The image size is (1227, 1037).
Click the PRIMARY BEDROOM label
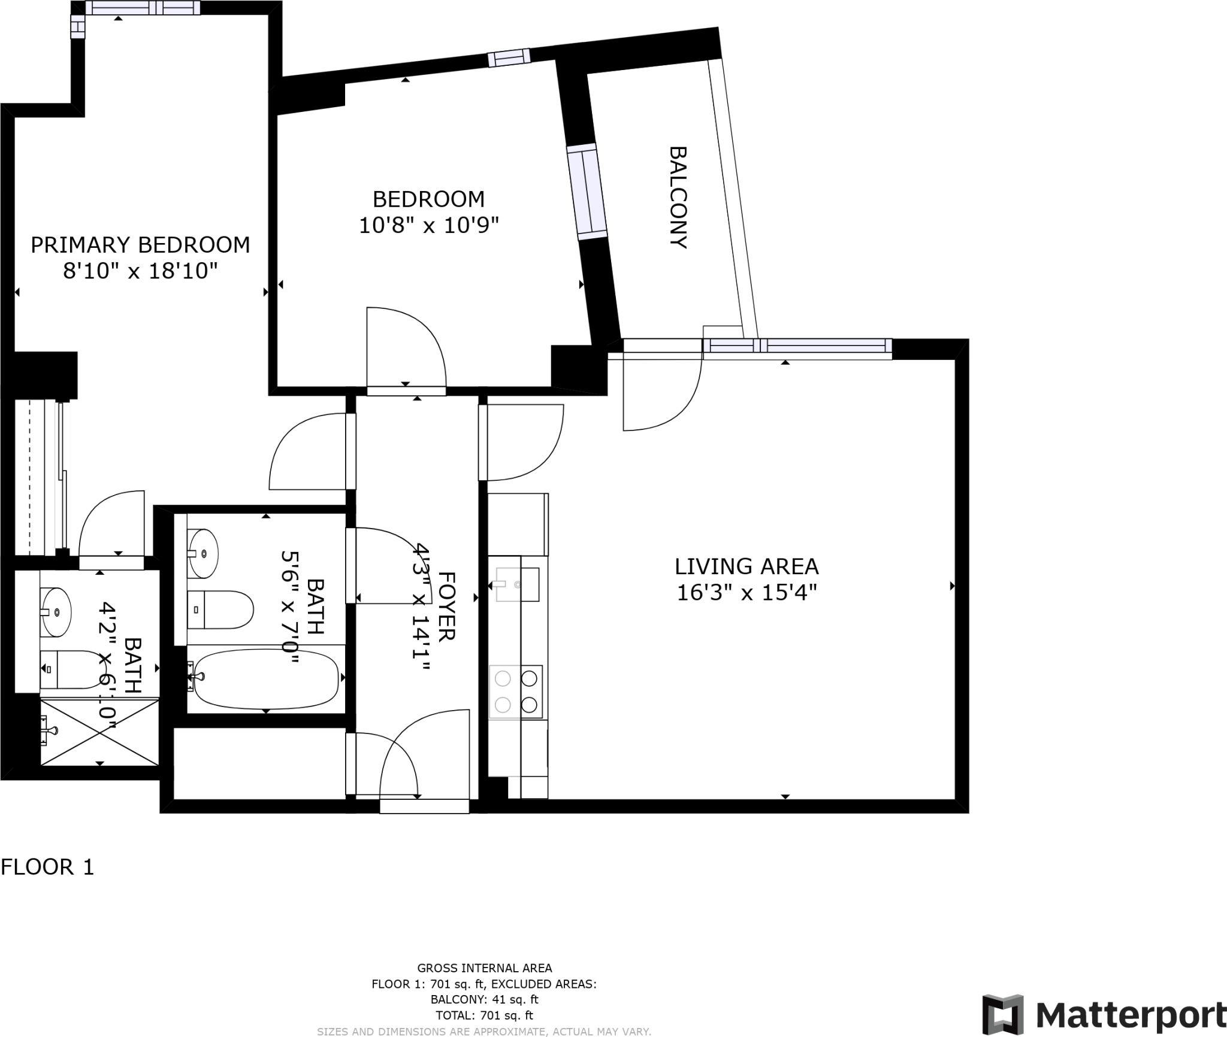point(140,245)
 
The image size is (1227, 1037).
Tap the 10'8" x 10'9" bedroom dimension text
point(428,226)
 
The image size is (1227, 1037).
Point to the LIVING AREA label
point(747,566)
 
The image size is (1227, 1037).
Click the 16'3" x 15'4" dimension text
point(747,593)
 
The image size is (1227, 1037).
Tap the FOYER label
point(447,606)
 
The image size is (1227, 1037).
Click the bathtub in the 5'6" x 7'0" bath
point(266,679)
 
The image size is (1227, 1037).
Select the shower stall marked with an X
point(99,731)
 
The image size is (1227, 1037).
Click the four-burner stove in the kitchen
point(516,692)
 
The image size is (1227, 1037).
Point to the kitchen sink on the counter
point(516,584)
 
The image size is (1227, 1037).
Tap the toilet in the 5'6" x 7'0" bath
point(220,610)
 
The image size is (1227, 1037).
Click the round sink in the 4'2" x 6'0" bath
point(56,612)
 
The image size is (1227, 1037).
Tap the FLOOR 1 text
point(47,867)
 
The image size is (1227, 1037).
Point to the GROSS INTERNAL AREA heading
point(484,968)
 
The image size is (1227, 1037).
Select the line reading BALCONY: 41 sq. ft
point(484,999)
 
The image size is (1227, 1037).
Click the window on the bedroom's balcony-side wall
point(587,192)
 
